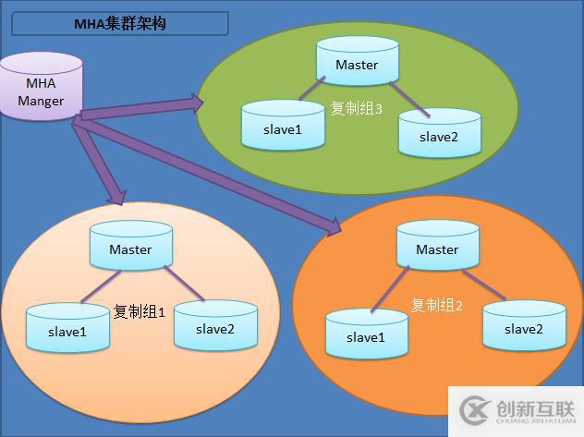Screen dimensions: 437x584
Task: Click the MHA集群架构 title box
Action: click(120, 23)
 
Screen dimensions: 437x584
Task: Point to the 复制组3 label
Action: click(357, 108)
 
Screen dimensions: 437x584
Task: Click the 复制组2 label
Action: click(437, 305)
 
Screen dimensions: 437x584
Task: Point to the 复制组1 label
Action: click(139, 311)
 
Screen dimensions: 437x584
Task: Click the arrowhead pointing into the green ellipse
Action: click(194, 103)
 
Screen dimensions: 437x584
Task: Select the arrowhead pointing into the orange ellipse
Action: click(334, 225)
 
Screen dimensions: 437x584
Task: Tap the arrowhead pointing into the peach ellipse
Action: click(116, 196)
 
